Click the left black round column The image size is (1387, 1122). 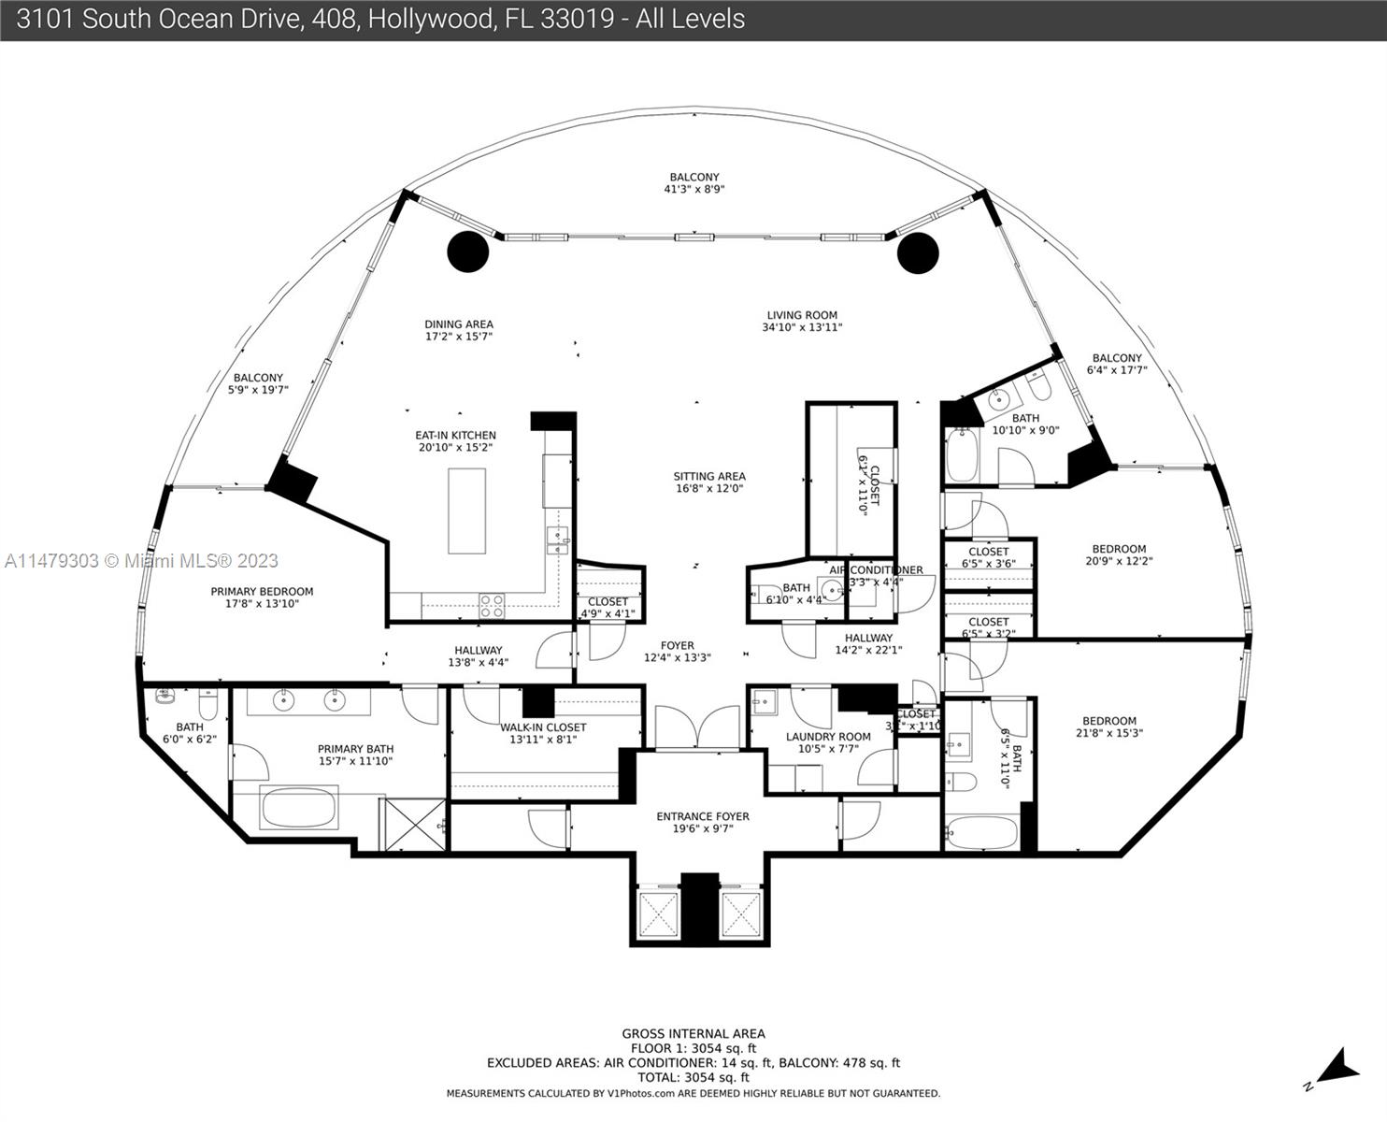(x=467, y=252)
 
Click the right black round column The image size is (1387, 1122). (x=917, y=252)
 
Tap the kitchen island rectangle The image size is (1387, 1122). (x=466, y=511)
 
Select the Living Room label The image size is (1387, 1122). (x=802, y=315)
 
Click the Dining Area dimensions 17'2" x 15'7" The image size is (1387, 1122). (x=458, y=337)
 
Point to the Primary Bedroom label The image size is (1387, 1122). (x=262, y=591)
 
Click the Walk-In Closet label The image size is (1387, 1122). (x=543, y=726)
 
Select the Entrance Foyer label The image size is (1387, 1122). (x=703, y=816)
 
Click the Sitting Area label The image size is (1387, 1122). (x=709, y=476)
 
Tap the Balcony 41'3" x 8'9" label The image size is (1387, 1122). (x=694, y=182)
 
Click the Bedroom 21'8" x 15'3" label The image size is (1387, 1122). (x=1109, y=726)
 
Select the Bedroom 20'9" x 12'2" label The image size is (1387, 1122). (x=1119, y=555)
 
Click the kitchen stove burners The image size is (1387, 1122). (x=492, y=606)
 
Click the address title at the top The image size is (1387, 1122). (x=380, y=20)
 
